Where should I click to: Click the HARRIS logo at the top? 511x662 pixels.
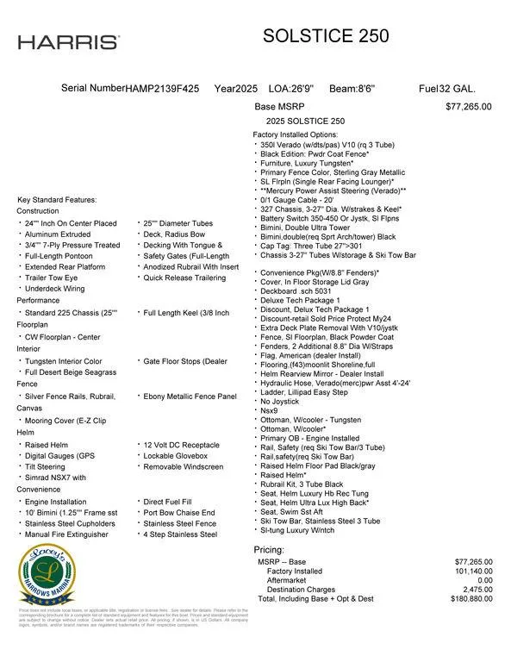coord(69,41)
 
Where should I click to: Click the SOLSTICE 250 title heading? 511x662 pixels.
coord(325,36)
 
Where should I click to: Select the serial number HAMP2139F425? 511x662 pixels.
coord(163,89)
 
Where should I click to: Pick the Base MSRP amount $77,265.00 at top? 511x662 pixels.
coord(468,107)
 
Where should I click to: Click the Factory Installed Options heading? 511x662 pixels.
coord(295,135)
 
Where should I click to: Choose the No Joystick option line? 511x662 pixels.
coord(280,401)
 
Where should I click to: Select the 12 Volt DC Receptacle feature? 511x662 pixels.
coord(182,445)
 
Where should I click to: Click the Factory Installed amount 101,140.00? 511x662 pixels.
coord(470,571)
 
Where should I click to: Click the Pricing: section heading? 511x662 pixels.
coord(269,549)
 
